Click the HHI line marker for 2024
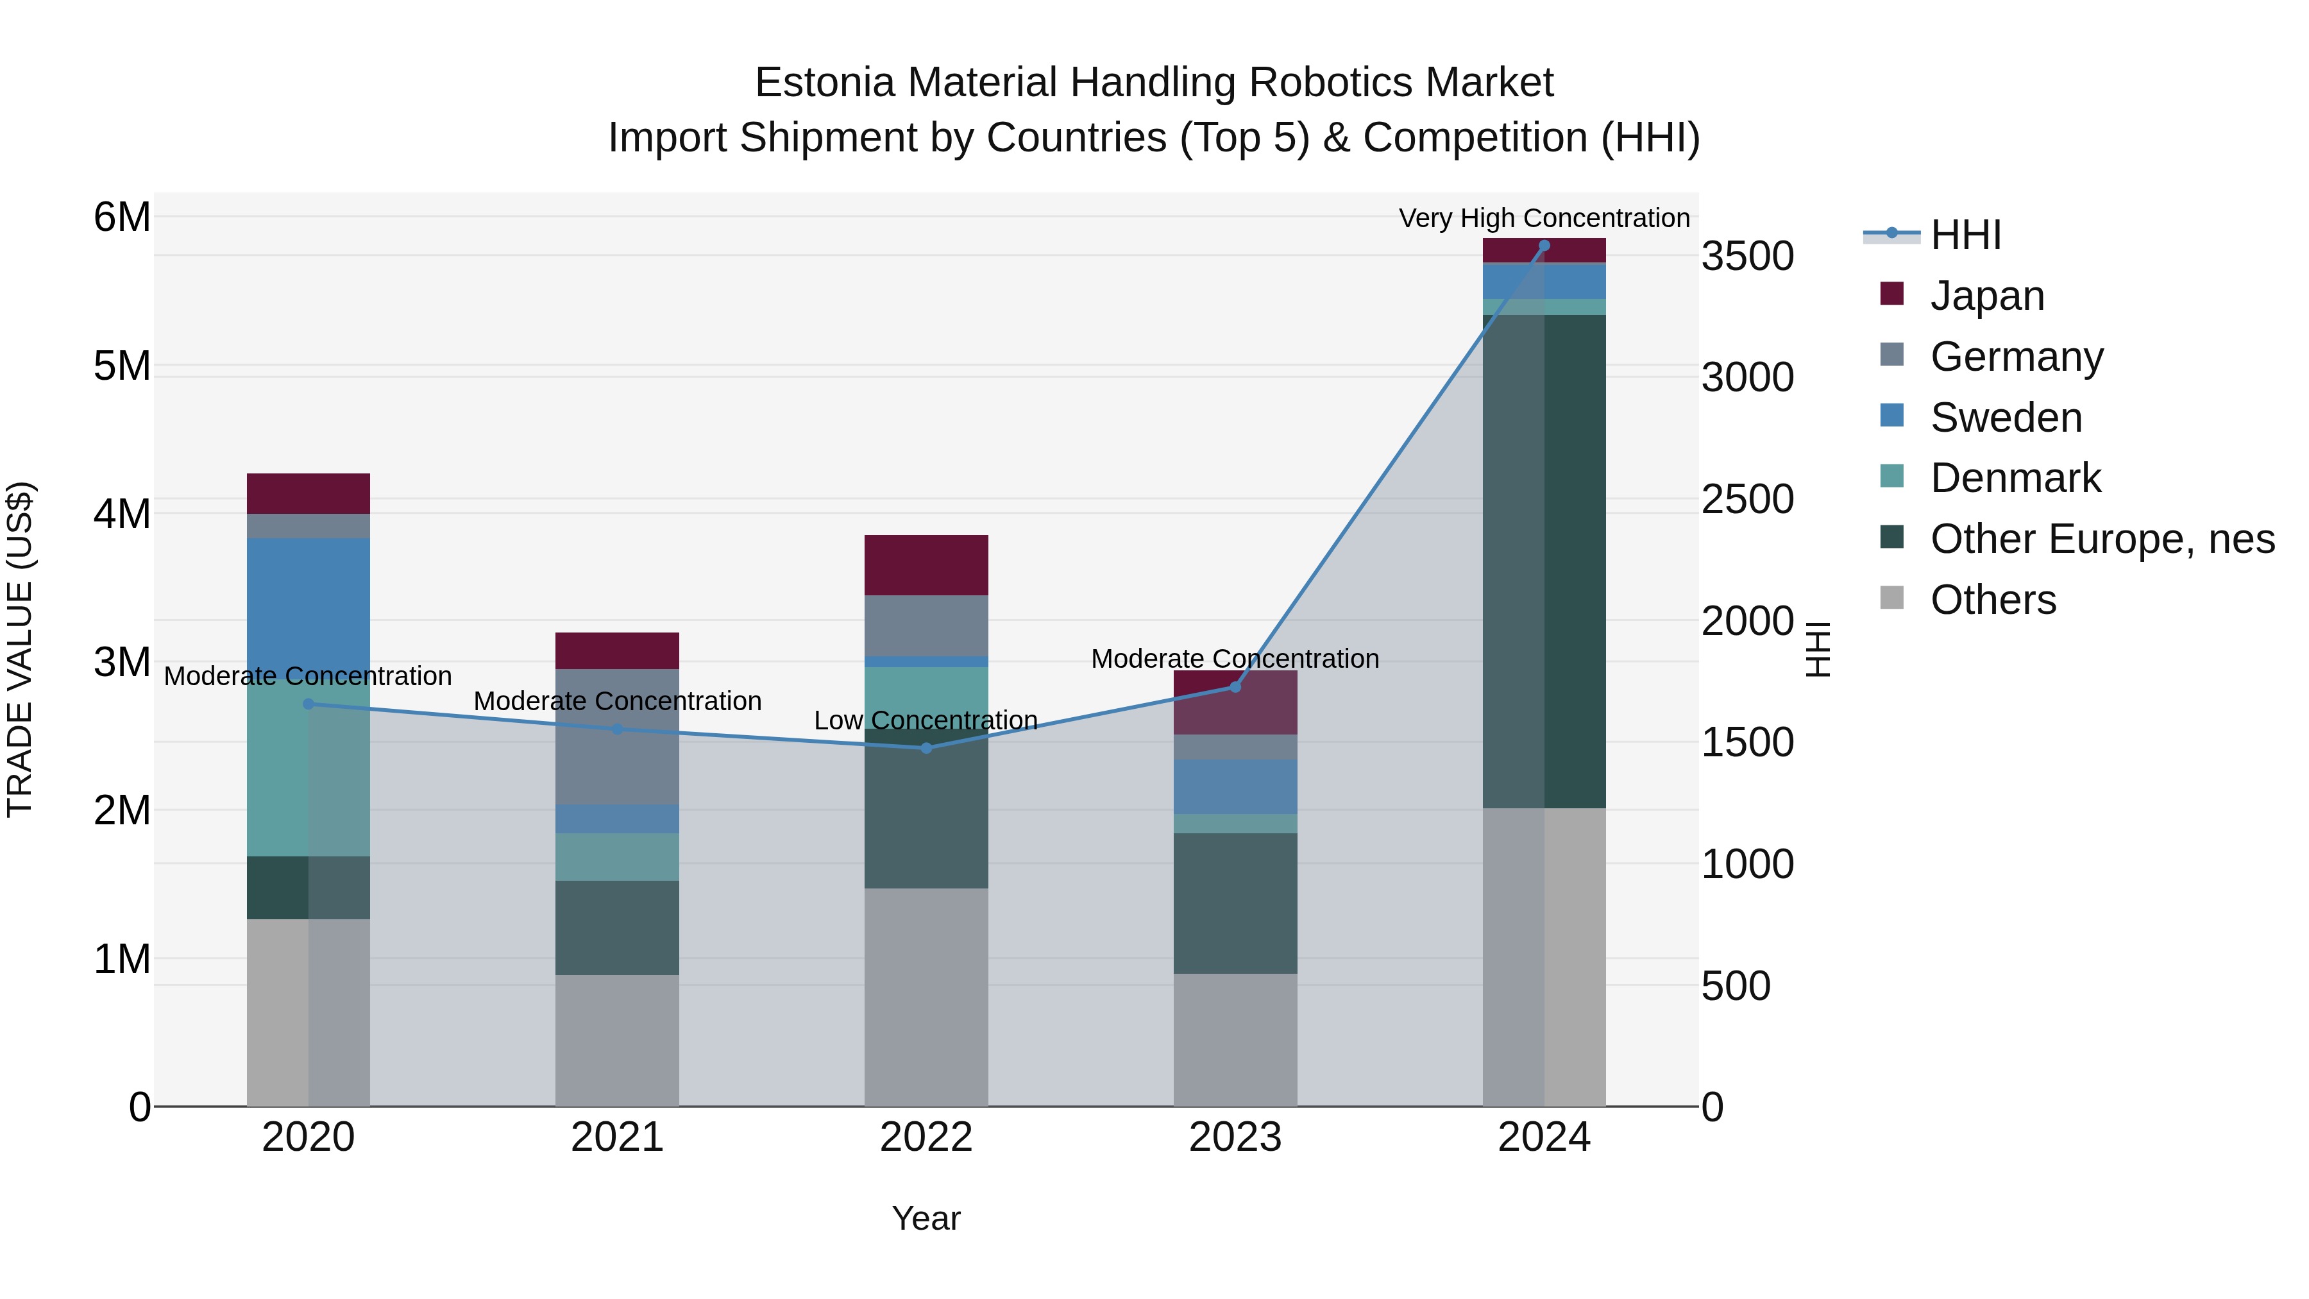point(1544,246)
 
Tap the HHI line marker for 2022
point(926,748)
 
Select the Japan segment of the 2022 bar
point(926,565)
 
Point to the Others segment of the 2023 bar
point(1235,1040)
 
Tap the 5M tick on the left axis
point(123,366)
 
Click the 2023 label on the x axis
point(1235,1137)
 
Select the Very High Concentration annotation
point(1544,218)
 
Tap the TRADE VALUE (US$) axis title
point(20,649)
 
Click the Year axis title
point(926,1218)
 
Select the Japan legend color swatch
point(1891,294)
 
